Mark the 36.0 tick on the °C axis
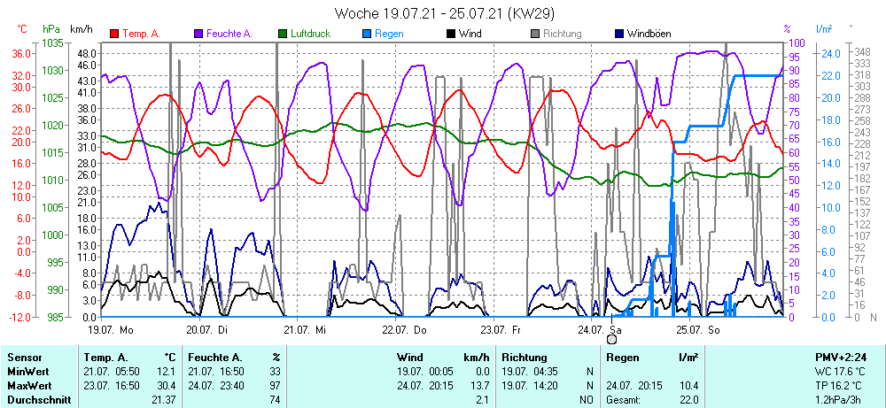click(22, 53)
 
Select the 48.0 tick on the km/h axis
click(87, 53)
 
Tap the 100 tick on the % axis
click(795, 42)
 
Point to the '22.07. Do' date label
click(404, 329)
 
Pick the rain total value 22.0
click(688, 400)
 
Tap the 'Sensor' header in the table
click(24, 357)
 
